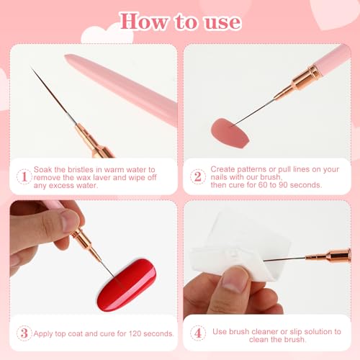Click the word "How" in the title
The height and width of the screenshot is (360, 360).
coord(143,22)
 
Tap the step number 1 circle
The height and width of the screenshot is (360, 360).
coord(24,176)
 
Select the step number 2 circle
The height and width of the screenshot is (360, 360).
coord(198,176)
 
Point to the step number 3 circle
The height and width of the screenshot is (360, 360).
coord(24,333)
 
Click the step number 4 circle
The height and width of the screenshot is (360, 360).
coord(198,333)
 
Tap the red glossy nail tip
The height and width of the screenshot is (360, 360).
coord(127,285)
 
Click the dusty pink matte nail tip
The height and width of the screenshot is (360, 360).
coord(230,132)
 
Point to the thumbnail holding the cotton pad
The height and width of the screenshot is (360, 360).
coord(234,279)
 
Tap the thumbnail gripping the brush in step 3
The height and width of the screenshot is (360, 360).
coord(70,220)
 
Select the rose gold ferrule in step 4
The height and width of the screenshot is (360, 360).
coord(328,256)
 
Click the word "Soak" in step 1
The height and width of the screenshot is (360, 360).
coord(42,169)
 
